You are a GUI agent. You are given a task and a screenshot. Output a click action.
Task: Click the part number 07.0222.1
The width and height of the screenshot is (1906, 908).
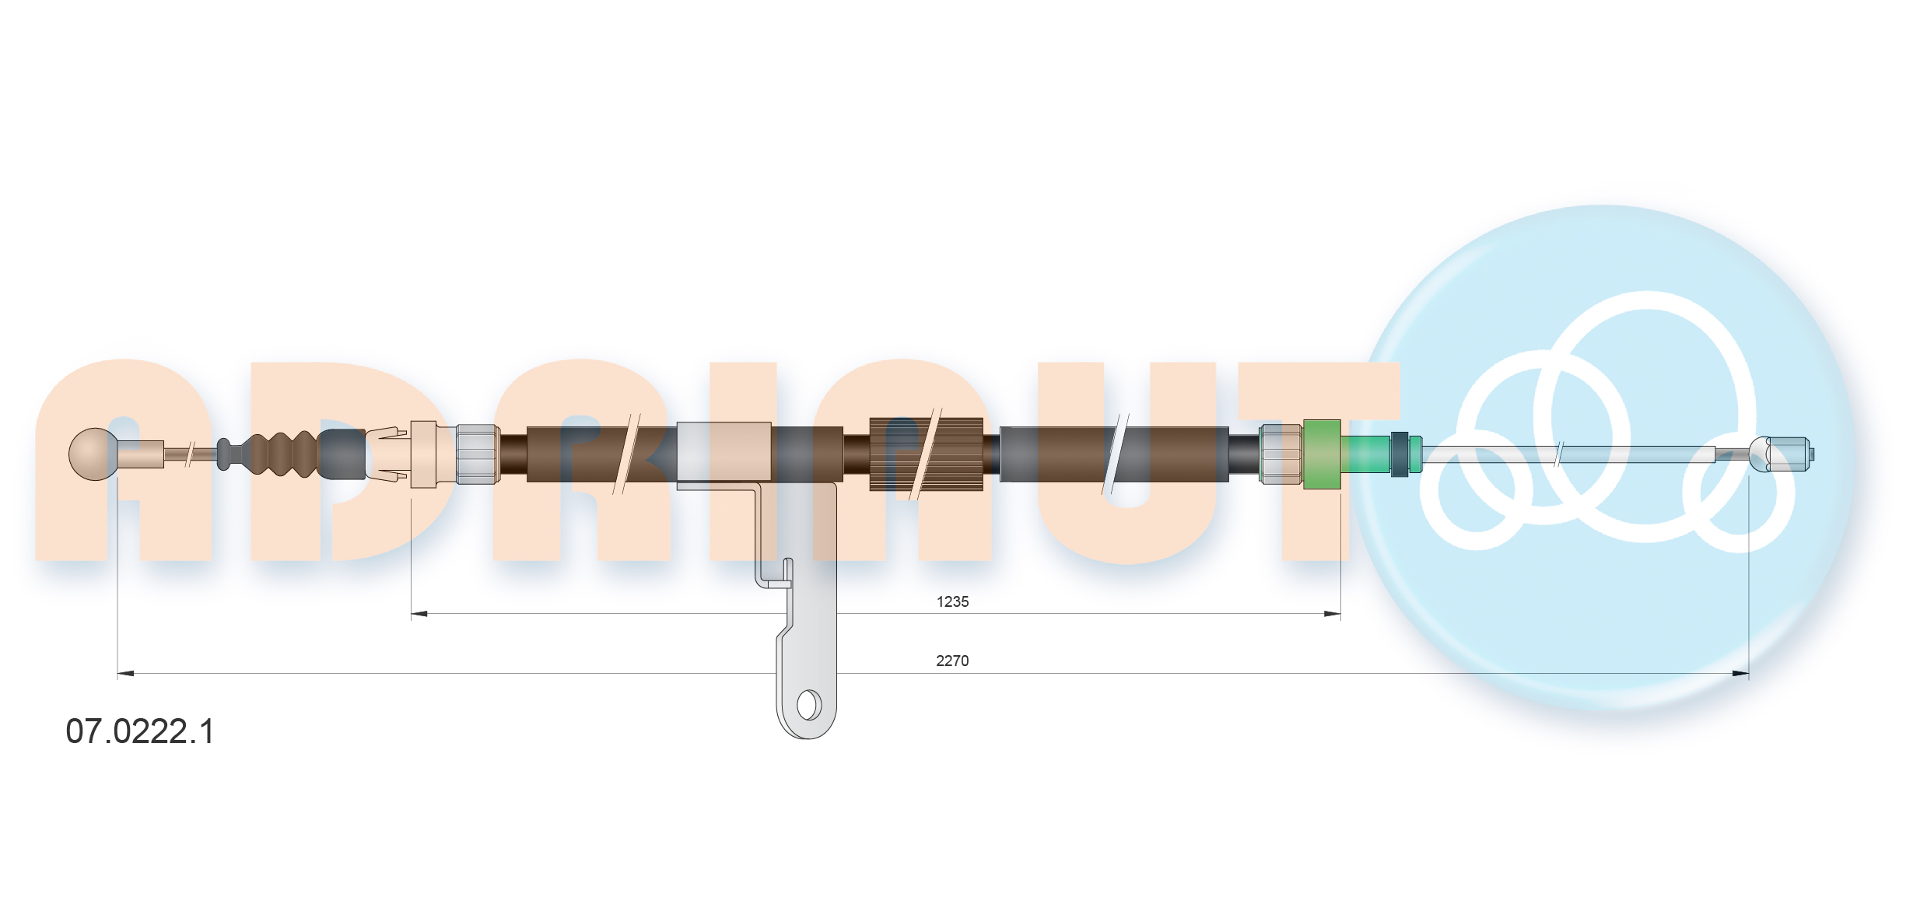pos(140,731)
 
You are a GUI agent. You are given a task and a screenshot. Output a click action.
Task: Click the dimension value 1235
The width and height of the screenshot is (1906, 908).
pos(952,601)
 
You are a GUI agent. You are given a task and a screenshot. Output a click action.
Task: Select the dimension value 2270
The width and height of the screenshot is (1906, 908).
pos(952,661)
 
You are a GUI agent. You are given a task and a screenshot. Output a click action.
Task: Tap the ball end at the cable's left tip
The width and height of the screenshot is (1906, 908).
pos(93,454)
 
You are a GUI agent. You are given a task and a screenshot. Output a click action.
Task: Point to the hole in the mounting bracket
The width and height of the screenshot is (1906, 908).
pos(808,705)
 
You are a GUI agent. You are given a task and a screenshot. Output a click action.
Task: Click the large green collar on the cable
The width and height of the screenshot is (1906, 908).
pos(1321,454)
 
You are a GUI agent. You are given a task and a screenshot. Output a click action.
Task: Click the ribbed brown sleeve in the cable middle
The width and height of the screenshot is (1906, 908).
pos(926,454)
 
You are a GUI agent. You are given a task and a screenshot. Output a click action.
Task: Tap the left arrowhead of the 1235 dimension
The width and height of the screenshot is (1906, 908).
pos(419,614)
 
